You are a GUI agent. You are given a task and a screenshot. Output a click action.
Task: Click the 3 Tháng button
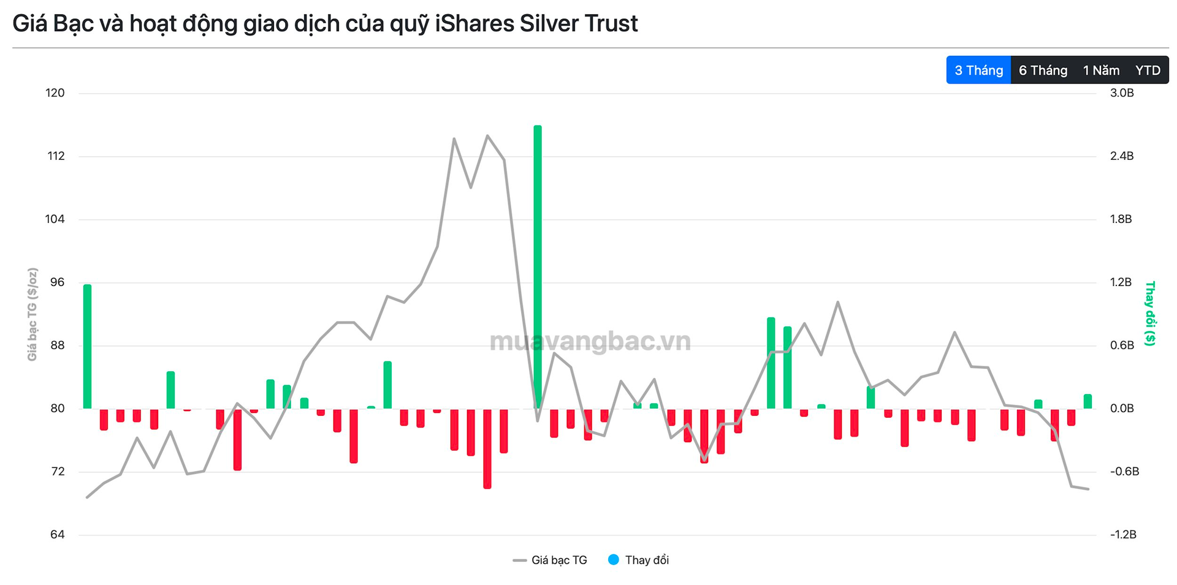coord(978,70)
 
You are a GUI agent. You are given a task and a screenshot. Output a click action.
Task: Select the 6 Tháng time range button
coord(1043,70)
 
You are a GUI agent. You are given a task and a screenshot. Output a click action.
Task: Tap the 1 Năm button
coord(1101,70)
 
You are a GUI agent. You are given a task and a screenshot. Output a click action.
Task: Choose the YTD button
coord(1148,70)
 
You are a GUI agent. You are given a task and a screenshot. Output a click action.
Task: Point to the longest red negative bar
coord(487,448)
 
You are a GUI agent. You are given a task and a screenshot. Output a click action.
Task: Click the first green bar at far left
coord(88,346)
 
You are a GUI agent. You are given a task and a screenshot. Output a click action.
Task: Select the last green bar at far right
coord(1087,401)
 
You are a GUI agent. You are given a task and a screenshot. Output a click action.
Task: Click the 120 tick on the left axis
coord(55,93)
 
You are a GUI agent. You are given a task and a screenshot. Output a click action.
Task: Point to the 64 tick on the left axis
coord(57,535)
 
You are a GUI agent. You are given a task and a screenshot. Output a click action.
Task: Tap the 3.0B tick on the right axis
coord(1122,93)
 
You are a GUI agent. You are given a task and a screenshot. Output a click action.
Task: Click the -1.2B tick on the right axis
coord(1123,535)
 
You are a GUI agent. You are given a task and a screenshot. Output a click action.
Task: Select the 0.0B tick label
coord(1122,409)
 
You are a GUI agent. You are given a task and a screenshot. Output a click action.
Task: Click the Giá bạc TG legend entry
coord(550,560)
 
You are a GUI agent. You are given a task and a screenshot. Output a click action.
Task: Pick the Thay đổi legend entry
coord(639,560)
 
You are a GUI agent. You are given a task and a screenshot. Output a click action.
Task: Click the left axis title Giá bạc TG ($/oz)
coord(32,314)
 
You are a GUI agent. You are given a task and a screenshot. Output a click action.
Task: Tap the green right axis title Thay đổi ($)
coord(1150,313)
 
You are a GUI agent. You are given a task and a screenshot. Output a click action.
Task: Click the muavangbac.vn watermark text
coord(590,341)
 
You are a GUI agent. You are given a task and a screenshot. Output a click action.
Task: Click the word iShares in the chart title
coord(474,24)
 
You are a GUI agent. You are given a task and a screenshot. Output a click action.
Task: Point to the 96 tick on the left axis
coord(57,282)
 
